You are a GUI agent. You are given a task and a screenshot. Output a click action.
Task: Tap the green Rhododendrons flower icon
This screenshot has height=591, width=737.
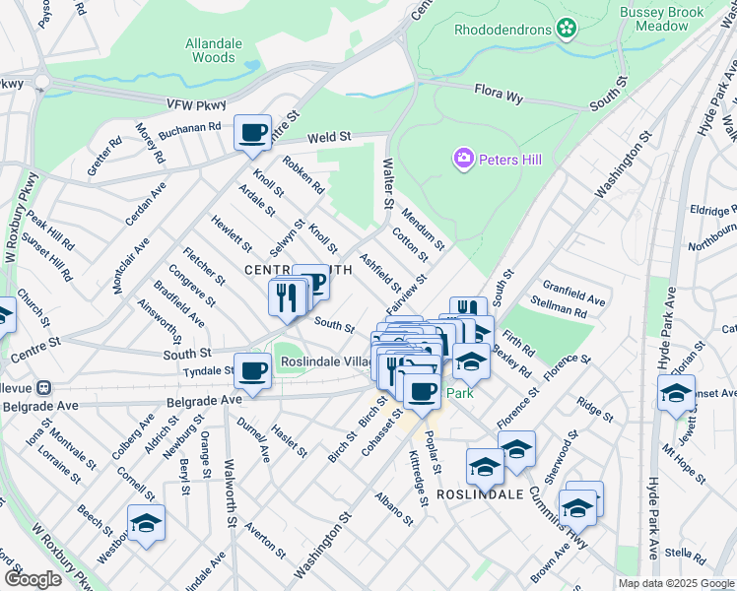pos(566,30)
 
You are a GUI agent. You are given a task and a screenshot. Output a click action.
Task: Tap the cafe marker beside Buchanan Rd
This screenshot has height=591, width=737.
pos(252,132)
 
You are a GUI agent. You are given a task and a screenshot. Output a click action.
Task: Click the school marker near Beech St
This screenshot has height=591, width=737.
pos(146,523)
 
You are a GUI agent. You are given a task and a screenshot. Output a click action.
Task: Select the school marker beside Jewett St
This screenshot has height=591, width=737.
pos(676,393)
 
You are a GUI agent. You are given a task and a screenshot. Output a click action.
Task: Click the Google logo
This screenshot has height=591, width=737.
pos(33,579)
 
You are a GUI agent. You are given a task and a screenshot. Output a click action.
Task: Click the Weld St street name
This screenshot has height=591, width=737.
pos(328,139)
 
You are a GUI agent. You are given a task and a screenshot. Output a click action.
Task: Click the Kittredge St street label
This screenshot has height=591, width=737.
pos(418,479)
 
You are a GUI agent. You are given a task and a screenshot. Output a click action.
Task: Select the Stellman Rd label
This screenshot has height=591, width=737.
pos(559,312)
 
